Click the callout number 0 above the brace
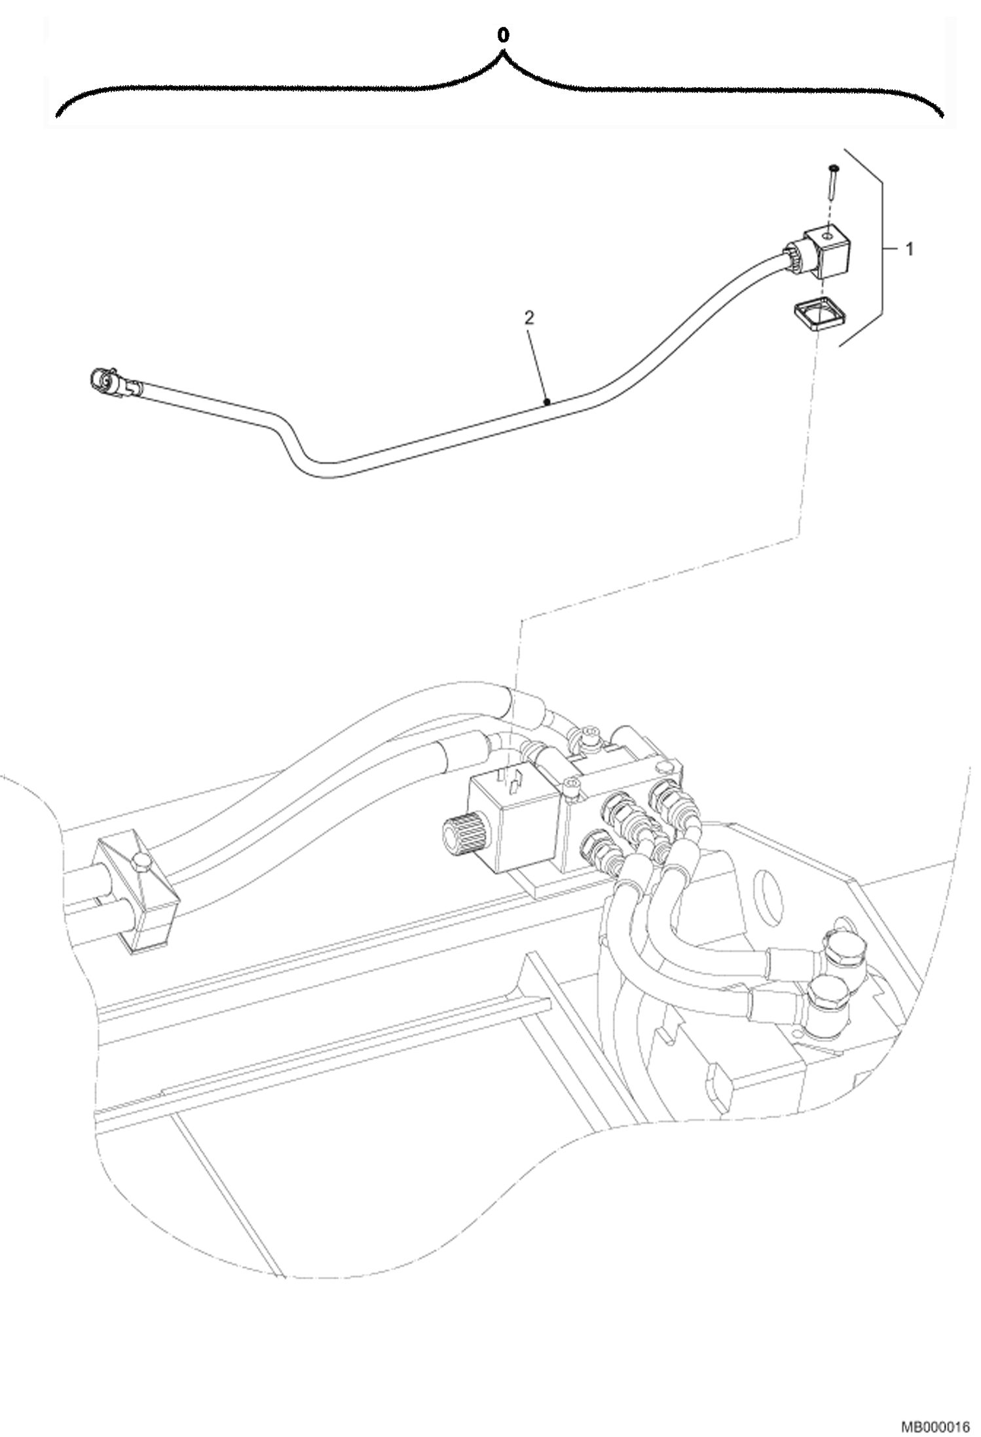502,37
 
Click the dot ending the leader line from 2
547,403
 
